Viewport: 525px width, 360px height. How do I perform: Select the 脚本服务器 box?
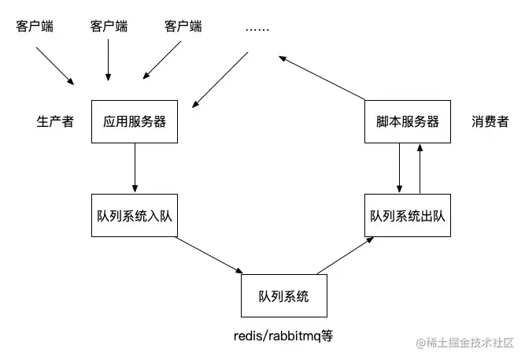407,122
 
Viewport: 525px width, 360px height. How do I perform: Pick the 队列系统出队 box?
407,214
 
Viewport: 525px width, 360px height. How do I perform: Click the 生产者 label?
55,122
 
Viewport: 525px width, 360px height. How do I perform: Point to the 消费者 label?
490,122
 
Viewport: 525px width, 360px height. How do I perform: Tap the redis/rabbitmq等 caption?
284,335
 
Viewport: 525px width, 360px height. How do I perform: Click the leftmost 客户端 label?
35,26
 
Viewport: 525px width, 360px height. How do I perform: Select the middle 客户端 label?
109,26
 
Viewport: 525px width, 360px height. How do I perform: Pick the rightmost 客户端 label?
183,26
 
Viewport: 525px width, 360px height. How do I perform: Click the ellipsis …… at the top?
257,28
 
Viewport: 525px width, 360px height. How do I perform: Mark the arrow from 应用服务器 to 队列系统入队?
135,168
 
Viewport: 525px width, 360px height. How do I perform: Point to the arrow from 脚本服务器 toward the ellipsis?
323,78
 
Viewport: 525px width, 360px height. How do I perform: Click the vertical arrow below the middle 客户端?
109,59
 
